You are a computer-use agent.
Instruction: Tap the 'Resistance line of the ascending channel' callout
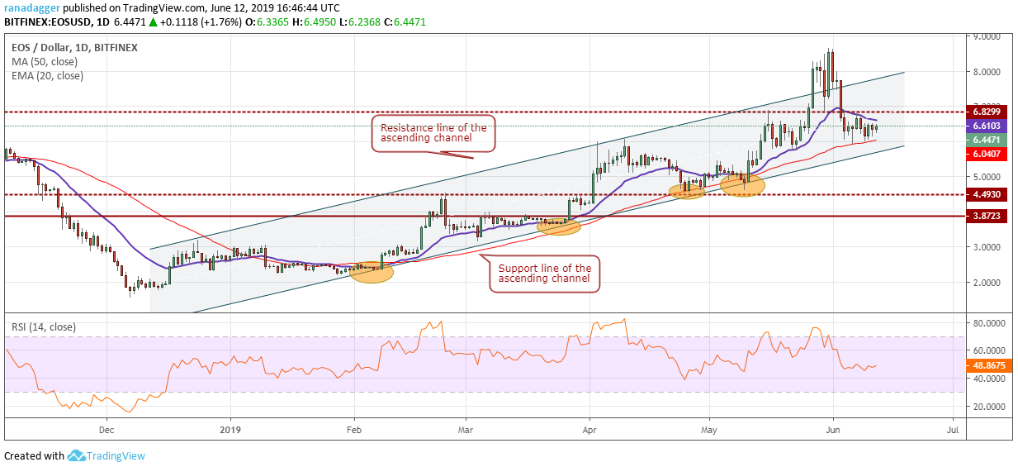[x=433, y=133]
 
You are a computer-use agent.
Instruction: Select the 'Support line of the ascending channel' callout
[x=544, y=274]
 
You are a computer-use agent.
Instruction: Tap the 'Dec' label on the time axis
[x=106, y=430]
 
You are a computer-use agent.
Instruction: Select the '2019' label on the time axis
[x=230, y=430]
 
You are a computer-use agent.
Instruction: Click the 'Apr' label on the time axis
[x=589, y=430]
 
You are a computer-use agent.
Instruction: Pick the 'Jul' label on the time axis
[x=952, y=430]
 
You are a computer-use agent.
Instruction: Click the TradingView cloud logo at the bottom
[x=77, y=455]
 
